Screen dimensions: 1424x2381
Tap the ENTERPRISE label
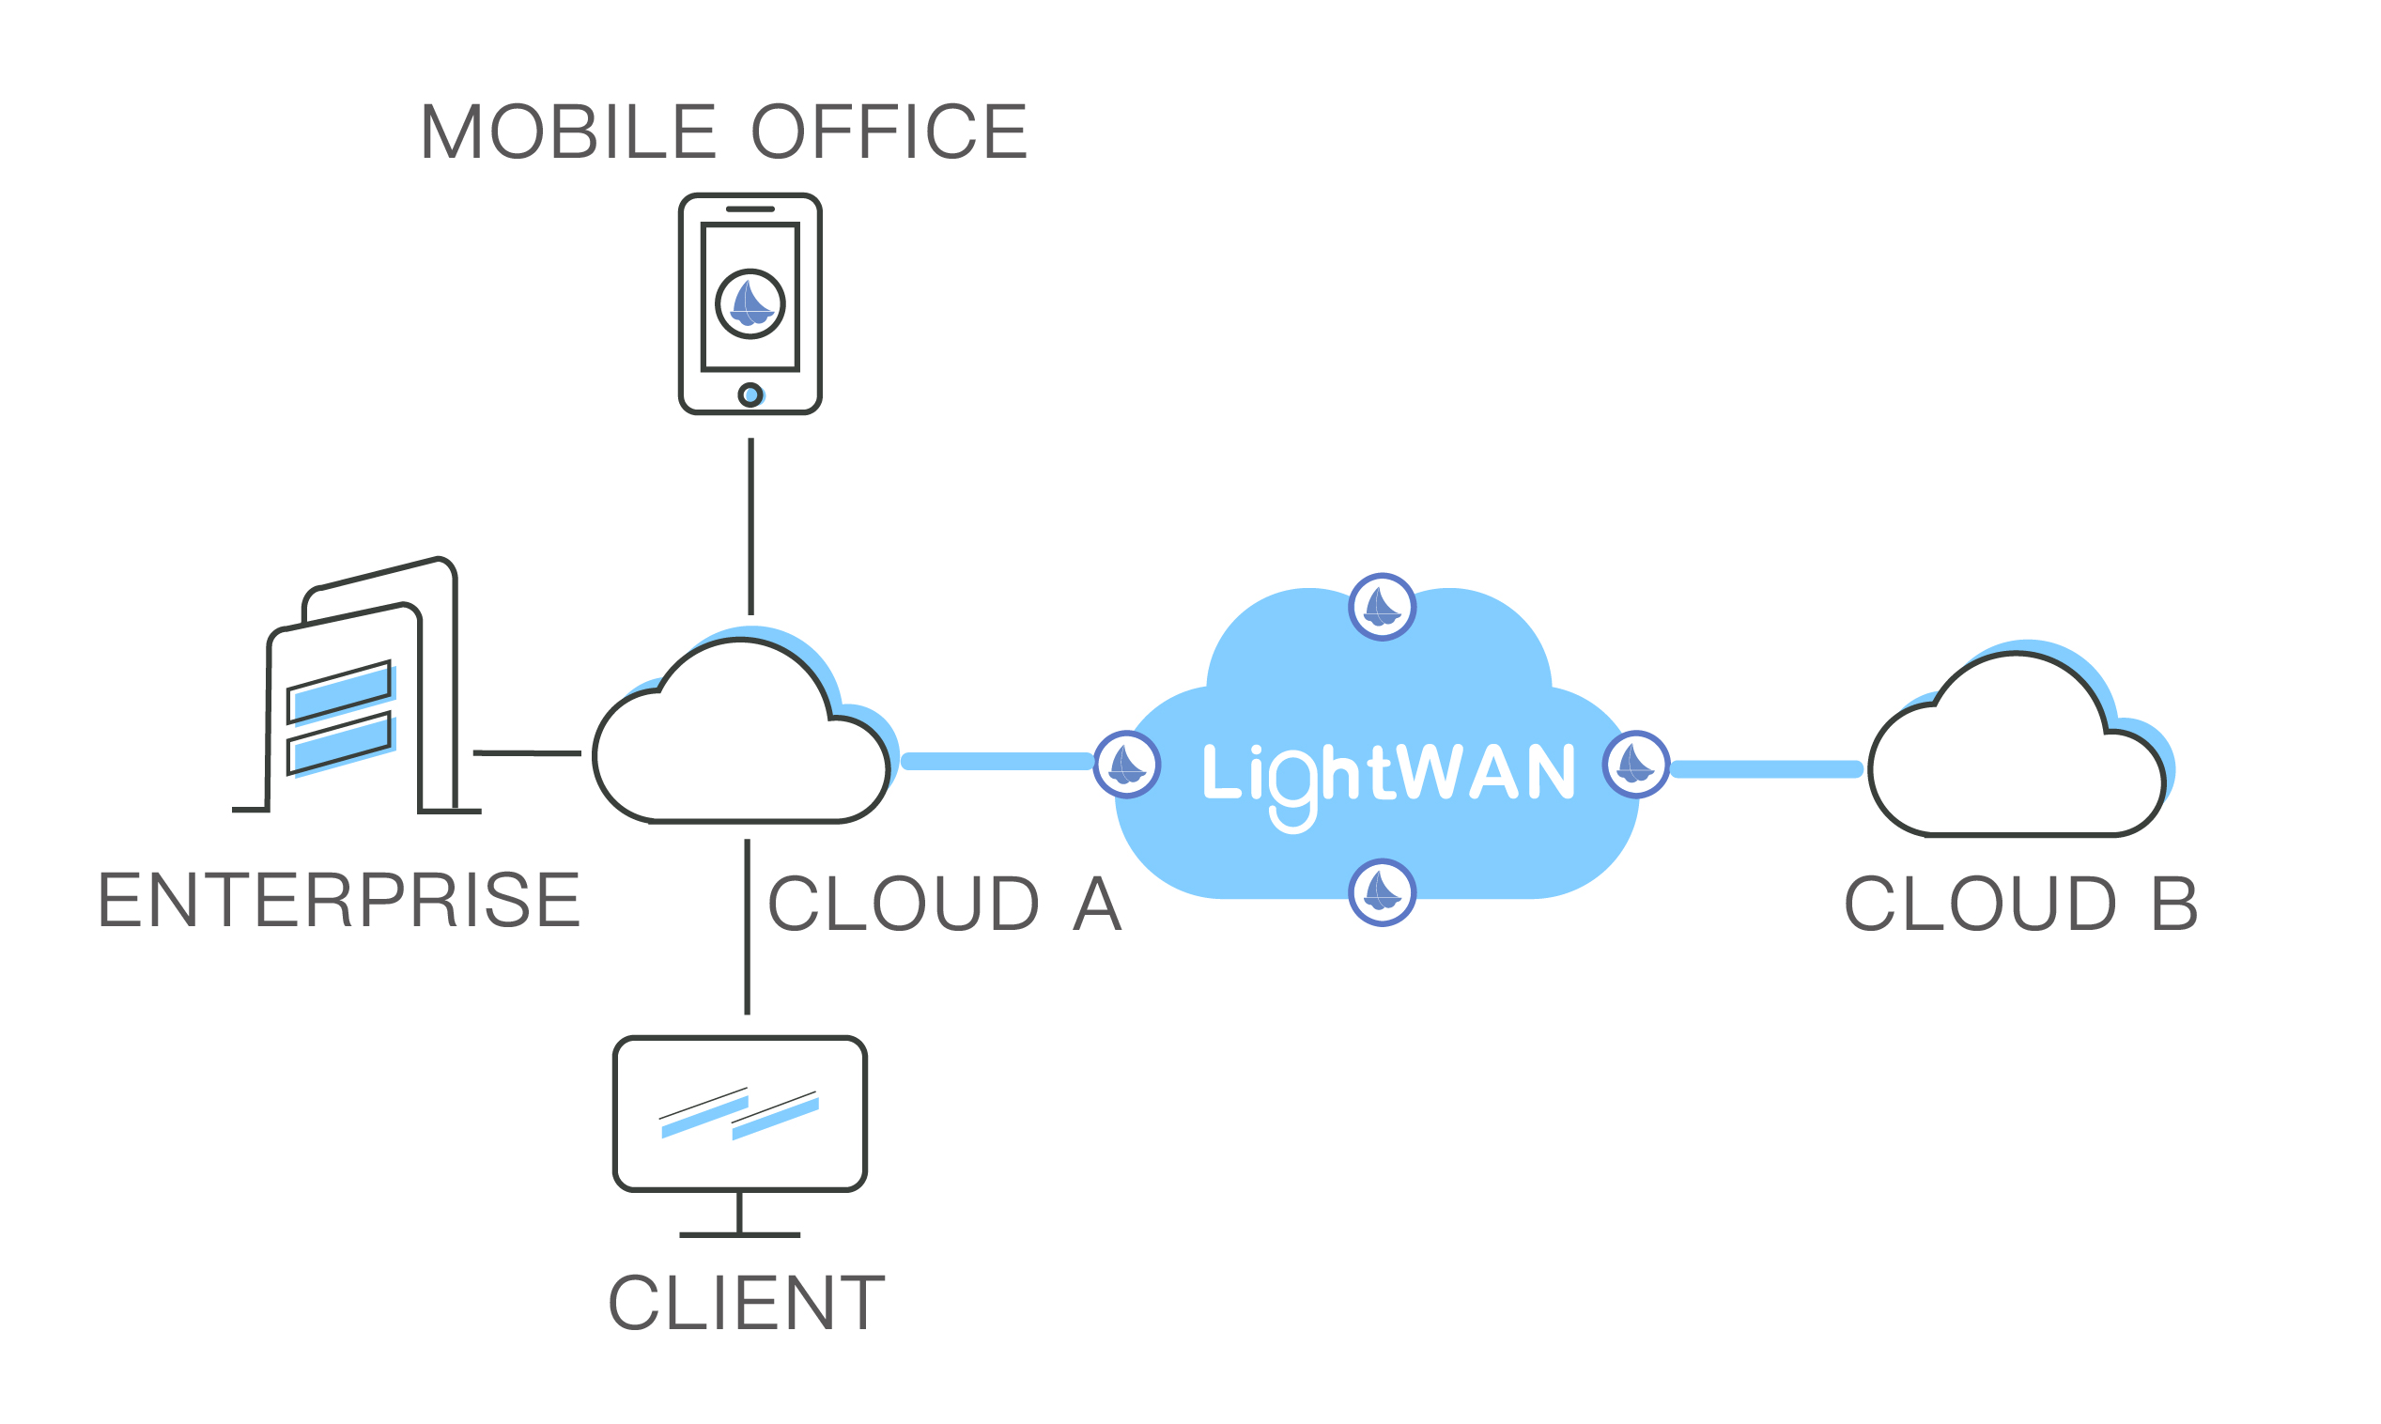coord(340,900)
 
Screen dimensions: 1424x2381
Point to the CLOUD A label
coord(945,904)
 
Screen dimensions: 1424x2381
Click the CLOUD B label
coord(2021,904)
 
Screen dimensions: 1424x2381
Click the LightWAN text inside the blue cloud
coord(1389,773)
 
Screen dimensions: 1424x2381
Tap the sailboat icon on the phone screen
coord(750,304)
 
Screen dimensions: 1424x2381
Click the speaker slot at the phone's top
coord(750,209)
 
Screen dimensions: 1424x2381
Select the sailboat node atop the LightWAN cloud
coord(1383,607)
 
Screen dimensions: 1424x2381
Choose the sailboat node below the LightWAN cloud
coord(1383,892)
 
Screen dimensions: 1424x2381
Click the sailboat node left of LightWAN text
coord(1127,765)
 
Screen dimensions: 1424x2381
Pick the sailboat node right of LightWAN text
coord(1635,765)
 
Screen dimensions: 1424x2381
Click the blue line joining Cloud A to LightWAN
coord(997,762)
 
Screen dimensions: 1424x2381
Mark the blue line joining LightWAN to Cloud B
coord(1767,768)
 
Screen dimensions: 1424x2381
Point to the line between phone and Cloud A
coord(751,526)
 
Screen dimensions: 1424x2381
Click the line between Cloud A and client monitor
coord(748,926)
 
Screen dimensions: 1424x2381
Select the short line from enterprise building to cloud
coord(527,753)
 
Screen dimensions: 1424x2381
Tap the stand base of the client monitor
coord(739,1235)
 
